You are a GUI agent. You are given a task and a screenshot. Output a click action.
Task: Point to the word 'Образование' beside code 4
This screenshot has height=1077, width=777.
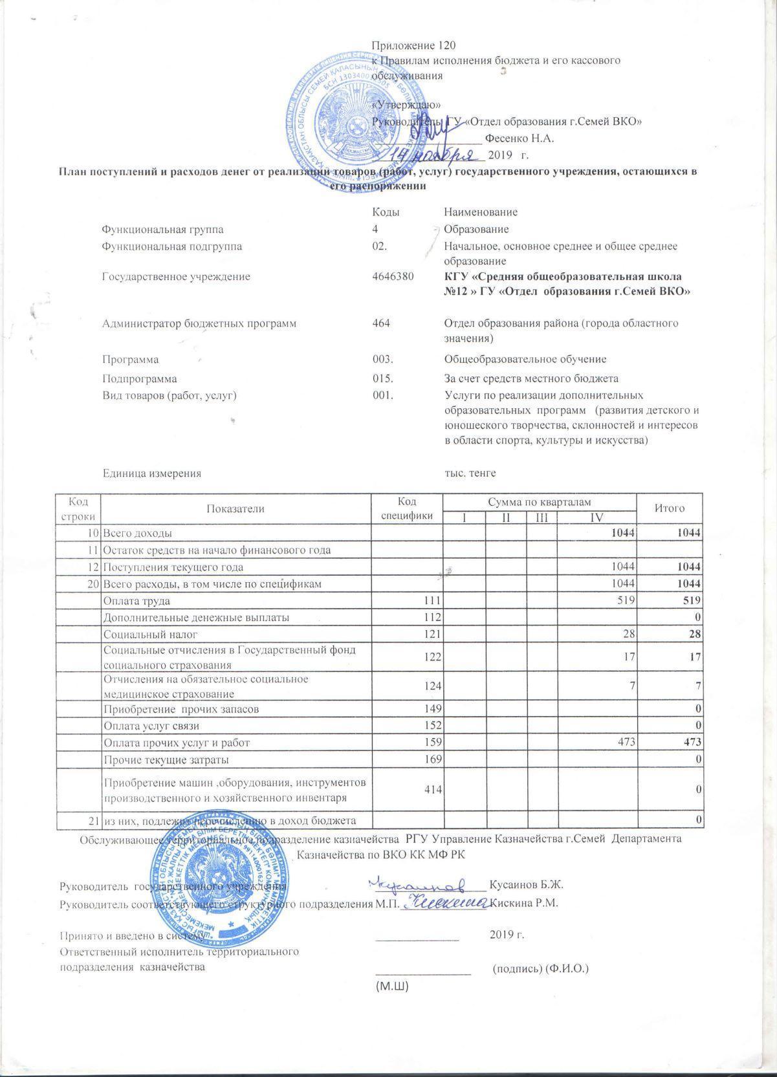tap(476, 230)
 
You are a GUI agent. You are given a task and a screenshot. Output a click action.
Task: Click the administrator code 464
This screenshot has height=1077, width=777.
tap(382, 323)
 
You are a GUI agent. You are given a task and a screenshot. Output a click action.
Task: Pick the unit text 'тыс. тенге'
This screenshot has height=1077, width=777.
tap(470, 473)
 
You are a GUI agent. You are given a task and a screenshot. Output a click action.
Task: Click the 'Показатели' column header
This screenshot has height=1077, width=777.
tap(235, 508)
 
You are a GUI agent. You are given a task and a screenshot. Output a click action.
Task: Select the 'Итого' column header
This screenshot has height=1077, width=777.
tap(670, 508)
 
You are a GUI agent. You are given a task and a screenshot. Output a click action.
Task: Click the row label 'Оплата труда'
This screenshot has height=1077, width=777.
tap(137, 601)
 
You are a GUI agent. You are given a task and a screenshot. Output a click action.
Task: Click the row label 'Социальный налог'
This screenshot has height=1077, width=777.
tap(151, 635)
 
